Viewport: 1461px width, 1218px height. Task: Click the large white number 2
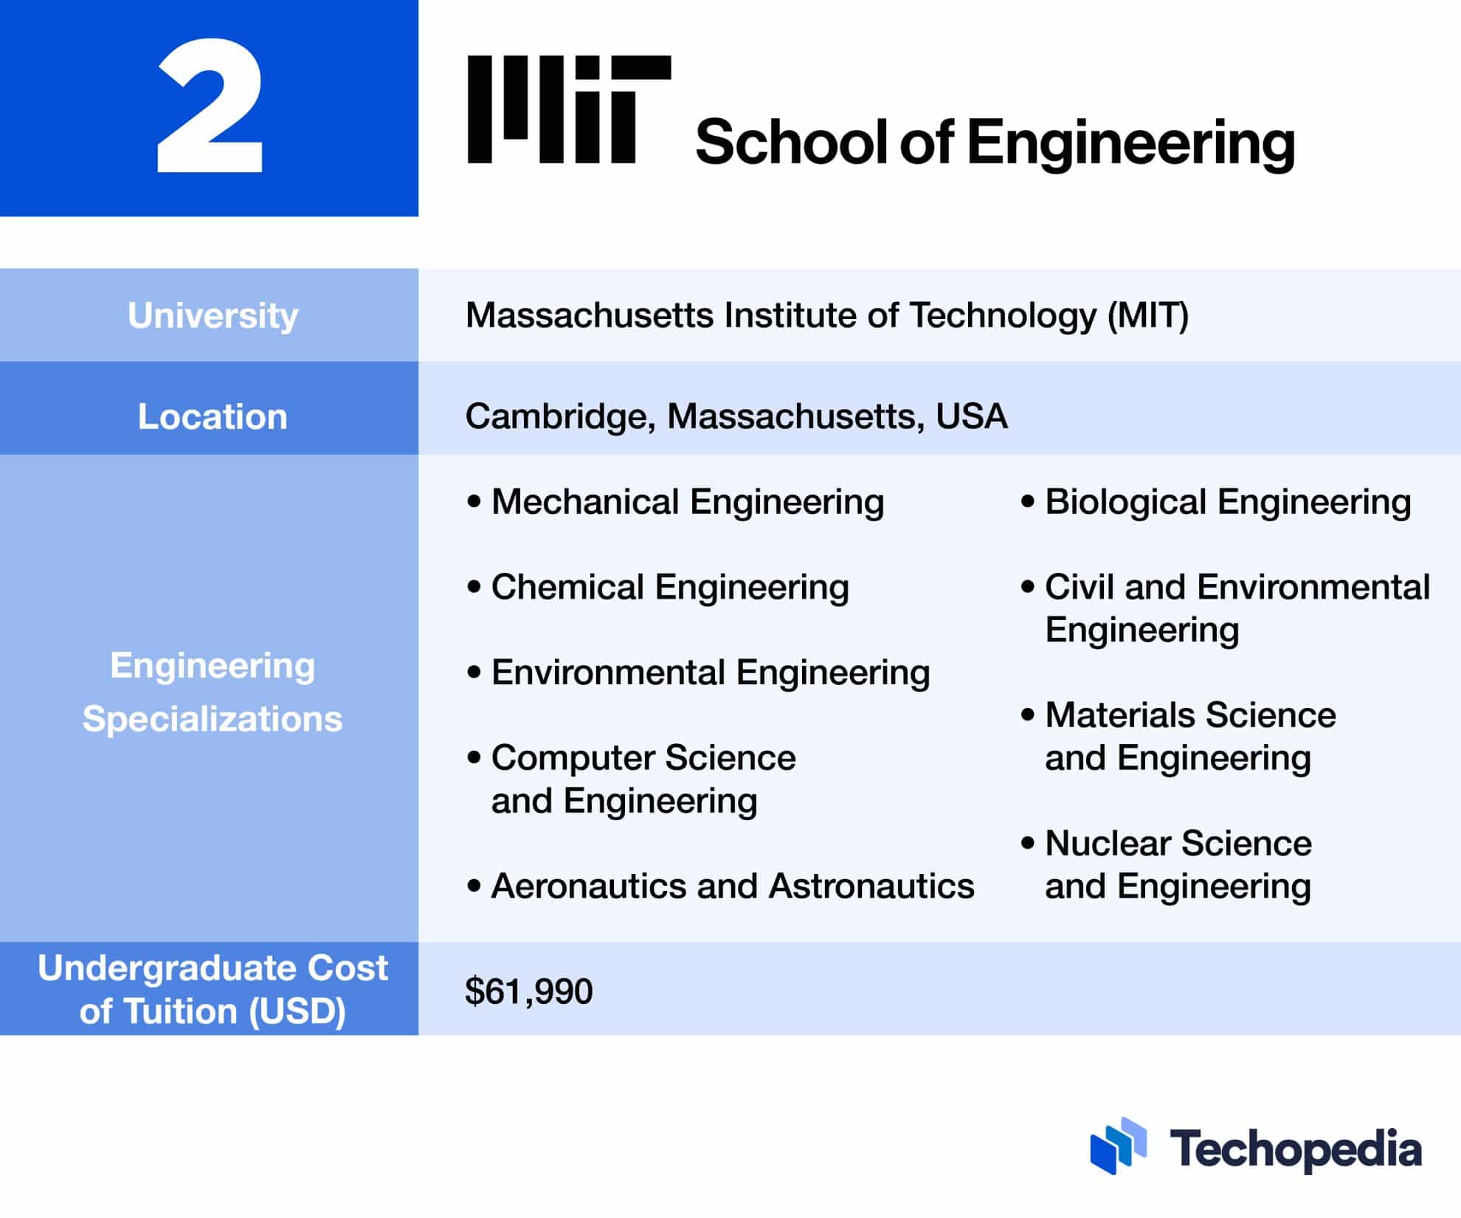(210, 108)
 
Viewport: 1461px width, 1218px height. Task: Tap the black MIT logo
(569, 109)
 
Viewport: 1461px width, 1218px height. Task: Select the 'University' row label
(213, 315)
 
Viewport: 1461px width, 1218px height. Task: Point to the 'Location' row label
(213, 416)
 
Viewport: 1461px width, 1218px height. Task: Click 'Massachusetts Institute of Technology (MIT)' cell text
(827, 315)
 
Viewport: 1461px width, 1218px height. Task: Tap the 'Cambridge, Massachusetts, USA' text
(736, 416)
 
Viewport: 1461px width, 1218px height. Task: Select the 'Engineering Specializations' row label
(213, 692)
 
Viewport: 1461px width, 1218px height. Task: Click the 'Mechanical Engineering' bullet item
(687, 502)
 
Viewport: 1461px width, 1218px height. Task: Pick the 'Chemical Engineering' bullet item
(670, 588)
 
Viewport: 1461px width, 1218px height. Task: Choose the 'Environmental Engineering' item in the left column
(710, 672)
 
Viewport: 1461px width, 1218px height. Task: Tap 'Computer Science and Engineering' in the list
(643, 779)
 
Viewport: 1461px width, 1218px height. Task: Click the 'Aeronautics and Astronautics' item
(732, 886)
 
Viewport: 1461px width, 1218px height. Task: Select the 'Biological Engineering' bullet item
(1227, 502)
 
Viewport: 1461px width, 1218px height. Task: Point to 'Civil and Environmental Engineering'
(1237, 608)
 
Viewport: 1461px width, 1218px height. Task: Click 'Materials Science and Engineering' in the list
(1189, 736)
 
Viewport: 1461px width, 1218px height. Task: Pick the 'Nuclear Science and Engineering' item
(1178, 864)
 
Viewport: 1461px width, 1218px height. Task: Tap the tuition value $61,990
(528, 991)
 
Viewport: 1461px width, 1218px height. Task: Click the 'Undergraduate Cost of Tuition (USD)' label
(213, 989)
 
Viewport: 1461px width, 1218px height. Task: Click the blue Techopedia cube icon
(1118, 1146)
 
